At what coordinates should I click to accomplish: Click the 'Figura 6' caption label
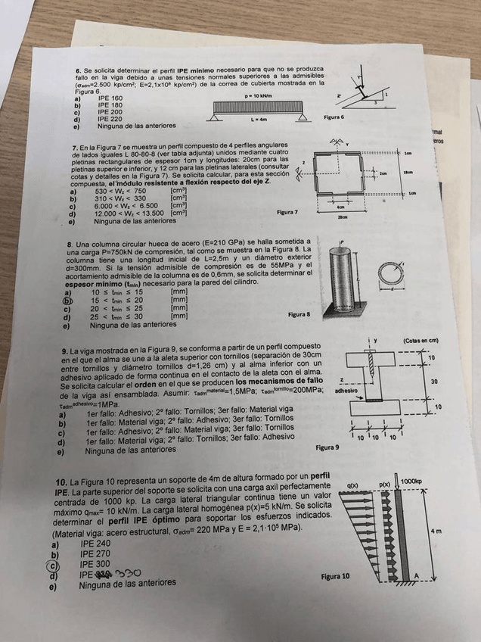click(x=333, y=118)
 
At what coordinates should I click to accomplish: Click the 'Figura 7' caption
click(x=288, y=213)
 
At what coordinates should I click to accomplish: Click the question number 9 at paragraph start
click(x=64, y=352)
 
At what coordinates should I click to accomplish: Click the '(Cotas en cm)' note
click(x=421, y=341)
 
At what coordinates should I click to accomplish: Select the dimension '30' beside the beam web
click(x=433, y=382)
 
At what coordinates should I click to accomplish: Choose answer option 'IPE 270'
click(x=95, y=554)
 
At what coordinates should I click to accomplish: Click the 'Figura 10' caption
click(x=336, y=576)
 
